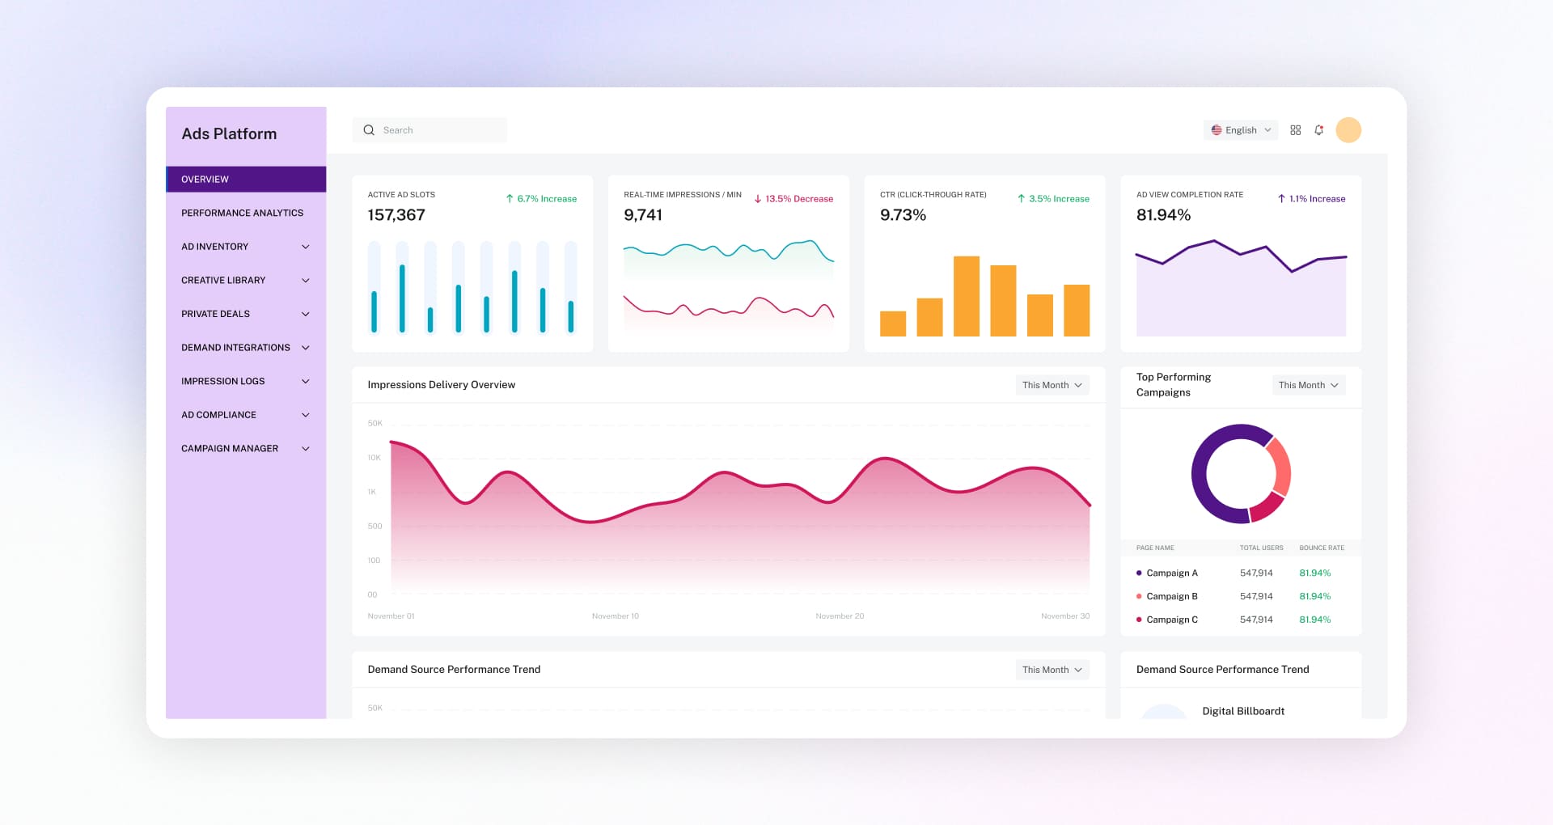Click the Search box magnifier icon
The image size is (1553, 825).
tap(369, 130)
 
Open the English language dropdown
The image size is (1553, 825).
tap(1240, 130)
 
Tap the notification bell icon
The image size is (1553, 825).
tap(1318, 130)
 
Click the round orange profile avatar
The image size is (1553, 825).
tap(1348, 130)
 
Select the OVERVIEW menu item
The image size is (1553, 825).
tap(205, 180)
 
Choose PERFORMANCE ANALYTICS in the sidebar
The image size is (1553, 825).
tap(242, 213)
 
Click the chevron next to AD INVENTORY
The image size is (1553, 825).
tap(306, 247)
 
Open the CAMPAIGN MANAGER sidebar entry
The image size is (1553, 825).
tap(230, 448)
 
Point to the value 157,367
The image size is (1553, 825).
tap(396, 215)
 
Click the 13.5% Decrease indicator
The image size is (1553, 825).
tap(793, 199)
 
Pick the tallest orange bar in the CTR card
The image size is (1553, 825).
tap(967, 295)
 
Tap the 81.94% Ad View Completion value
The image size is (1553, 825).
tap(1163, 215)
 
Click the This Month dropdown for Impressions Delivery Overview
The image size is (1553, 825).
tap(1052, 385)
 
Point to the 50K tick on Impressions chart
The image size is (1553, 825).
tap(374, 424)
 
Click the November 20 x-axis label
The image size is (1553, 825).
tap(840, 616)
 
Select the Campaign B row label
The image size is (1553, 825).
tap(1171, 596)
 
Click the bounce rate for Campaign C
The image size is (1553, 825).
tap(1314, 620)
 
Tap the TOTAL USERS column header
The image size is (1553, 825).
tap(1261, 548)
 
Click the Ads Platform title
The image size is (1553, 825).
tap(229, 134)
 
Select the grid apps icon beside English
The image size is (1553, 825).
tap(1295, 130)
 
